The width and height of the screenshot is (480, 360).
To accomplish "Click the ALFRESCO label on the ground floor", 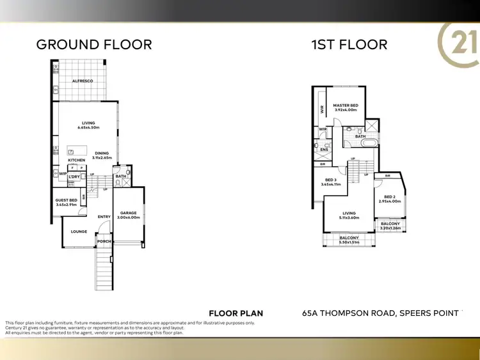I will (83, 82).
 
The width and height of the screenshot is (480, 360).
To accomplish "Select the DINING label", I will (102, 153).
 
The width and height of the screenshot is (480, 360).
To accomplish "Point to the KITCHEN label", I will (77, 160).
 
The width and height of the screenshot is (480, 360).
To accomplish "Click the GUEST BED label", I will (66, 200).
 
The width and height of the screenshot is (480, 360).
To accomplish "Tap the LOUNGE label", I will (79, 231).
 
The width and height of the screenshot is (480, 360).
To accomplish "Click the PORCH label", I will (104, 241).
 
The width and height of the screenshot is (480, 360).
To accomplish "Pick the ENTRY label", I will (104, 217).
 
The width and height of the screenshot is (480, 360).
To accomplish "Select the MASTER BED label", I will (346, 105).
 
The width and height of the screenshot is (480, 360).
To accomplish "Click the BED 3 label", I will (331, 180).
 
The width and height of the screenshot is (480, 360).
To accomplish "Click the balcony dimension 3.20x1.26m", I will (390, 228).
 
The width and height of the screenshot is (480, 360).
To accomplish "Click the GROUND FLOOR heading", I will (94, 44).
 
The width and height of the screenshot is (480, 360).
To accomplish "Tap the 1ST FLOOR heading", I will (349, 44).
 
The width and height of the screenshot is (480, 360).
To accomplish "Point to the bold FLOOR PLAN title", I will (236, 313).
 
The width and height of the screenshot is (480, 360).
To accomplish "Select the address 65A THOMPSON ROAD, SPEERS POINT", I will (380, 313).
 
